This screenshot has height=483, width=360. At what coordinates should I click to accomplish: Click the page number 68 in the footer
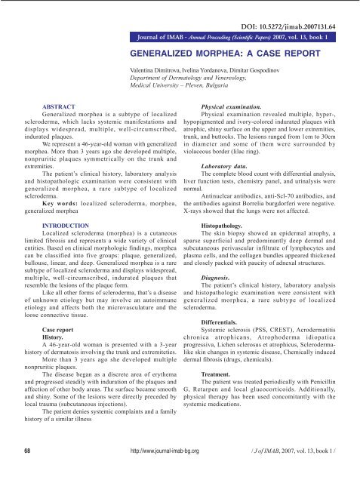point(27,472)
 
